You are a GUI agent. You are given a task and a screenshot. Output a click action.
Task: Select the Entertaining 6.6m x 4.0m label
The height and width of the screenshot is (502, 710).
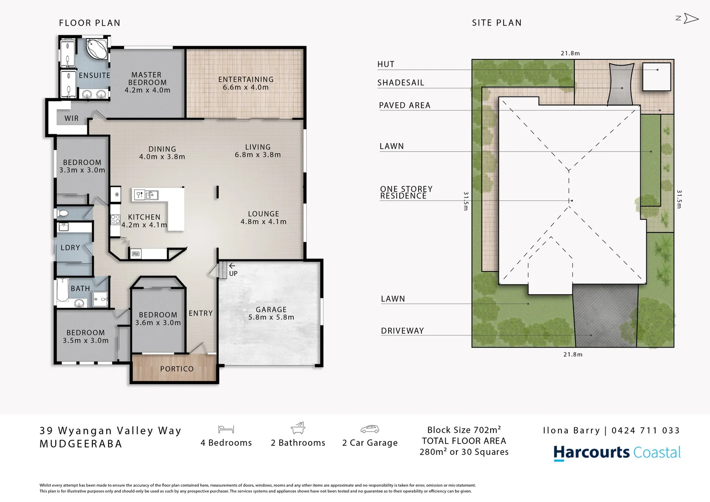point(246,83)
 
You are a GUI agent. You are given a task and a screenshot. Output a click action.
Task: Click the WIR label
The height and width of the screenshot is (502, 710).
point(72,119)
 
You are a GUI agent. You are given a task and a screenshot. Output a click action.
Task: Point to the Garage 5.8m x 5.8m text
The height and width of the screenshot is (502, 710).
point(271,313)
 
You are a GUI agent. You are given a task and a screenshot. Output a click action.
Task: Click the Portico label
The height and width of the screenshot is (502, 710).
point(177,369)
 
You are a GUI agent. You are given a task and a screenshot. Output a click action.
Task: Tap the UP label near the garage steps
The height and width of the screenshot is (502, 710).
point(233,274)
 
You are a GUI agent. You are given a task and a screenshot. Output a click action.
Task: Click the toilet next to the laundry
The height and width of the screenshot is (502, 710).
point(63,213)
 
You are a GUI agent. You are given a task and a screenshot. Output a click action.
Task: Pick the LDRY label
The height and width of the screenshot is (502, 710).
point(70,248)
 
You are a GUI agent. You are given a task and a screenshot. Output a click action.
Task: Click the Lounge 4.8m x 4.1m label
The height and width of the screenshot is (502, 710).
point(263,218)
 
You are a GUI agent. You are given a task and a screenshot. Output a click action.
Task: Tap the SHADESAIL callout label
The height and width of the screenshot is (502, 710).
point(401,83)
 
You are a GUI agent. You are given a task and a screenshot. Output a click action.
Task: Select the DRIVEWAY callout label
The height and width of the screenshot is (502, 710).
point(402,331)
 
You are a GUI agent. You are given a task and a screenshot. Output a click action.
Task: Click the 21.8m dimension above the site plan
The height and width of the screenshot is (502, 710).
point(570,53)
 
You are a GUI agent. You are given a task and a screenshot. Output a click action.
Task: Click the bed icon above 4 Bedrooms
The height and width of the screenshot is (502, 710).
point(226,429)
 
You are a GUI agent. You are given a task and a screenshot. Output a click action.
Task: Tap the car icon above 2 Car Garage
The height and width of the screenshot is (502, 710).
point(370,429)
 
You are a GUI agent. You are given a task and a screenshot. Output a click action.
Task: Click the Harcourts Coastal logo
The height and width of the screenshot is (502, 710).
point(617,453)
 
